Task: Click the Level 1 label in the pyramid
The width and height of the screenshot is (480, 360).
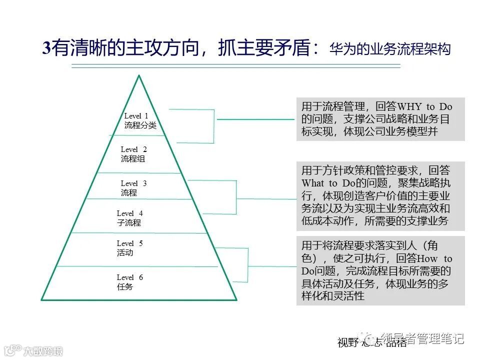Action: [x=136, y=116]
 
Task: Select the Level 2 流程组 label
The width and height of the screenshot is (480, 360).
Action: [x=133, y=154]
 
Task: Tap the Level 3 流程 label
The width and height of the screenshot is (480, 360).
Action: [x=133, y=188]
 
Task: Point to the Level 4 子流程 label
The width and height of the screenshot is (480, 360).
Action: [x=129, y=218]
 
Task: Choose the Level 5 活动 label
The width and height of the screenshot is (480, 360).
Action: [x=129, y=248]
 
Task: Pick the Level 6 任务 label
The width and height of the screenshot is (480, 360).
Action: [x=129, y=282]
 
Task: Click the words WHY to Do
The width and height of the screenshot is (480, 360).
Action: [x=424, y=106]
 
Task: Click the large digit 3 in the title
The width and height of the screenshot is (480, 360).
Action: [x=46, y=48]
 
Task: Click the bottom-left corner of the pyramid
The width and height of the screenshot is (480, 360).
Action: [x=42, y=299]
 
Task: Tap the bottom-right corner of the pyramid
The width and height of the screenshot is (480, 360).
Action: [x=236, y=299]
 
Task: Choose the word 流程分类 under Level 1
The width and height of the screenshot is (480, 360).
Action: [x=140, y=125]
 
